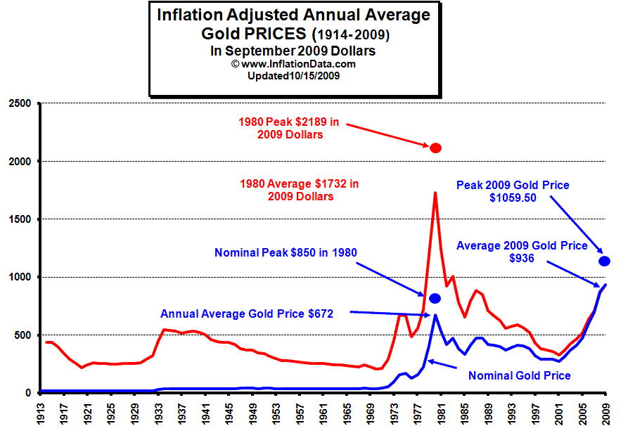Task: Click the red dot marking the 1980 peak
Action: coord(435,148)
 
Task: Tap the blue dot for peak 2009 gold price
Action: coord(603,261)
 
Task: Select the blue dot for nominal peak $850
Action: coord(435,298)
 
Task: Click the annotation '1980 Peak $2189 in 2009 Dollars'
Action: coord(289,128)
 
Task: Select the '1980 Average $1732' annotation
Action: coord(300,190)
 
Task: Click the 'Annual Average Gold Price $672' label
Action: coord(247,314)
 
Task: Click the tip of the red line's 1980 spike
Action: coord(435,193)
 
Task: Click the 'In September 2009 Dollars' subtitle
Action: coord(293,51)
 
